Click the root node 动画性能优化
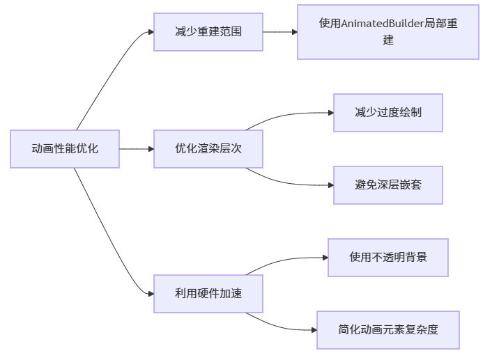[x=65, y=149]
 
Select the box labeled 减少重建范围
[x=208, y=31]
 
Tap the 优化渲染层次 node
[x=208, y=149]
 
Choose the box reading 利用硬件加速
[x=208, y=294]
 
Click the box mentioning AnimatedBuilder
[x=388, y=32]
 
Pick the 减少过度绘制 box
[x=388, y=113]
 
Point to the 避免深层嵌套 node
[x=388, y=185]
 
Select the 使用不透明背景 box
[x=388, y=258]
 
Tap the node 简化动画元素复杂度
[x=388, y=330]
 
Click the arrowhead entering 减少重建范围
[x=150, y=32]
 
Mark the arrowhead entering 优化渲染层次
[x=150, y=149]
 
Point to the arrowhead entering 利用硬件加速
[x=150, y=294]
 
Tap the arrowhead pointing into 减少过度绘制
[x=330, y=113]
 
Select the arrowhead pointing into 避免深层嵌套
[x=330, y=185]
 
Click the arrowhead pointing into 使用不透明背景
[x=324, y=258]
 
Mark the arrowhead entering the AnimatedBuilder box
[x=293, y=32]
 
